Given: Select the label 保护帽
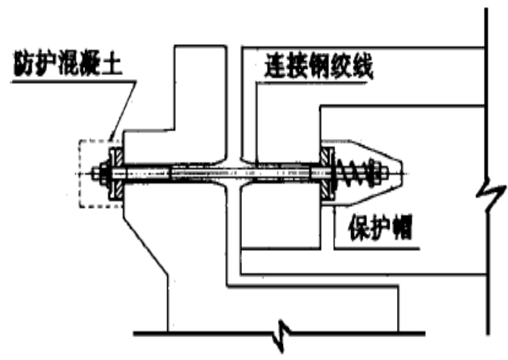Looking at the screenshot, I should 380,229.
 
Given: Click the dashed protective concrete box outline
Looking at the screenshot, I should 80,175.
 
